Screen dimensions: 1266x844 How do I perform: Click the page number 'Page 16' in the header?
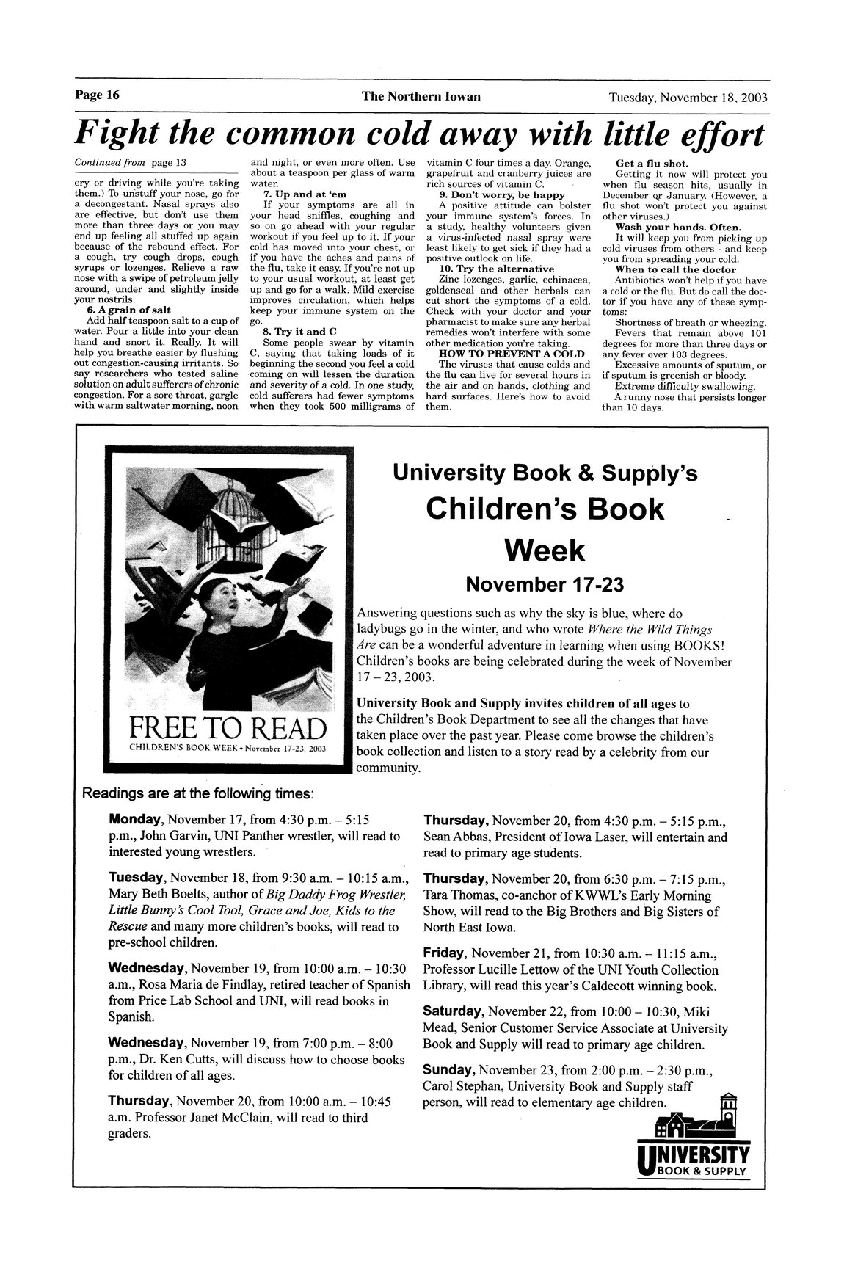(97, 96)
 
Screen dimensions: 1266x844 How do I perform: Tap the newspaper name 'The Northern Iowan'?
(421, 97)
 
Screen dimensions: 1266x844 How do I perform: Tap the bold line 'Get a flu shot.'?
(646, 163)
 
